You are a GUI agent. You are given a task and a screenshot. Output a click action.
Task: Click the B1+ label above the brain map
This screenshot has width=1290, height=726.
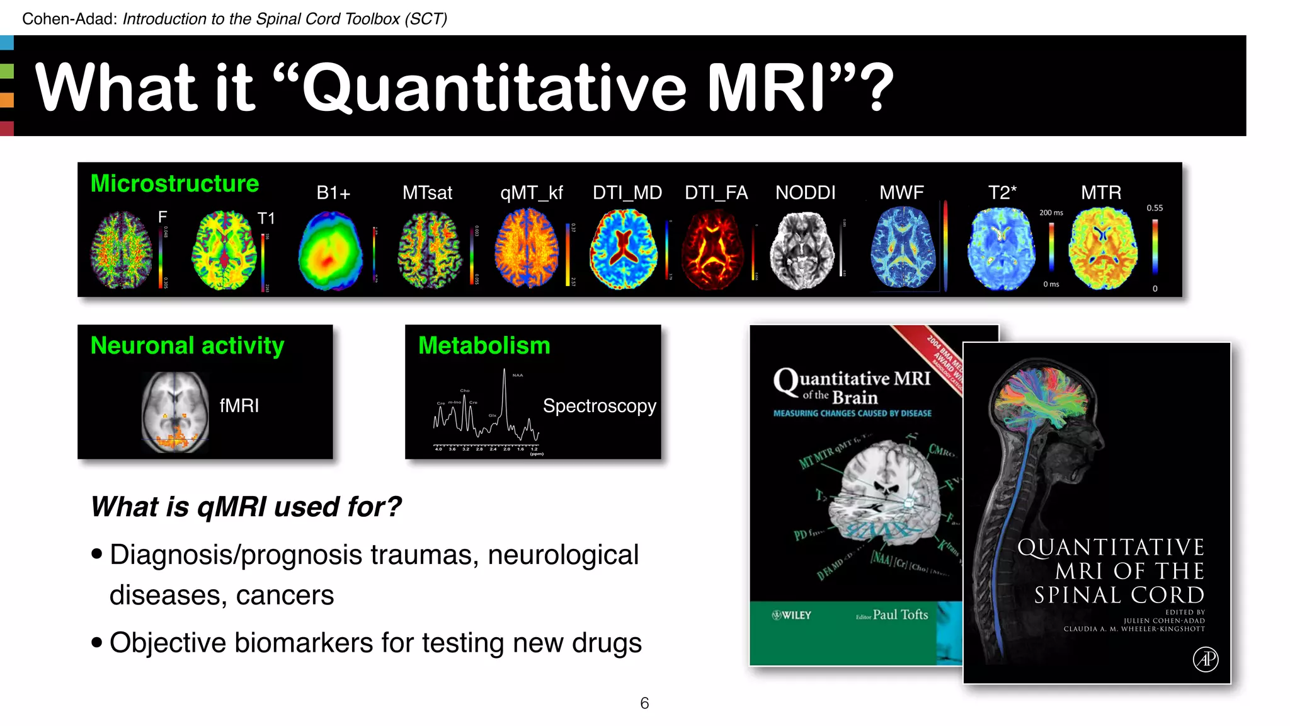(x=333, y=193)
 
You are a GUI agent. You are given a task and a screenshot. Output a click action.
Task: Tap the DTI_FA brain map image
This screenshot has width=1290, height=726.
(x=714, y=250)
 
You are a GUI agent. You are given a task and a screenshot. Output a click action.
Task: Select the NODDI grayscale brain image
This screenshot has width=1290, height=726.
(x=801, y=251)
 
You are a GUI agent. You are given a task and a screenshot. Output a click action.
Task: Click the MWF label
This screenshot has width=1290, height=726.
(x=901, y=193)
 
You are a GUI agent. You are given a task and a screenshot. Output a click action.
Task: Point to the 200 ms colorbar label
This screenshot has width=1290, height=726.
(x=1051, y=213)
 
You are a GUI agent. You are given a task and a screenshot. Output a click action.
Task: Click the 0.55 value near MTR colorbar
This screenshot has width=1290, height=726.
(x=1155, y=208)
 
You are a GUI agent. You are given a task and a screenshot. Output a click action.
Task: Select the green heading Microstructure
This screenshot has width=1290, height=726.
(x=174, y=183)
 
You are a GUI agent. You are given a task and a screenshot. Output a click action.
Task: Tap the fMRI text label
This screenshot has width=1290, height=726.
(x=239, y=405)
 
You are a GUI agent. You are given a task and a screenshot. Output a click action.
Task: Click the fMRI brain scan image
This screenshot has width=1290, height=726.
(x=175, y=412)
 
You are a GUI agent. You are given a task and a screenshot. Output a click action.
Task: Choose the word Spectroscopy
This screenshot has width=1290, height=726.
(x=599, y=406)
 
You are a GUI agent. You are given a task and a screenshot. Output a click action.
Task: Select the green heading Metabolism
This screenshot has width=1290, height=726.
(x=484, y=345)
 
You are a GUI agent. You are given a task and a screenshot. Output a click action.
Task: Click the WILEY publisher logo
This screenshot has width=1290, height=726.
(x=792, y=615)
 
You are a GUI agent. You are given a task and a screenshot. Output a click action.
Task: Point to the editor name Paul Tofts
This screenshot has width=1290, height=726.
(x=900, y=614)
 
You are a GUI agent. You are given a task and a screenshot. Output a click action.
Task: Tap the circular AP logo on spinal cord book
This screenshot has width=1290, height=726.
(x=1205, y=659)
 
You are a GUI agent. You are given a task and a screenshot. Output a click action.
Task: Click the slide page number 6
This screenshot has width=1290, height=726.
(x=644, y=703)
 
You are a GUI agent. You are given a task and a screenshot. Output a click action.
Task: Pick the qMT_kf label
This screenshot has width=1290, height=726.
(x=531, y=193)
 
